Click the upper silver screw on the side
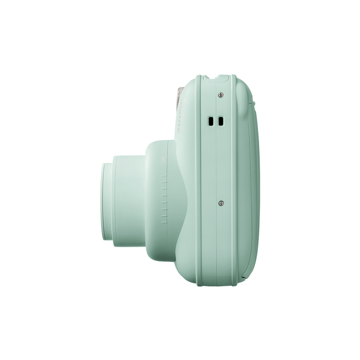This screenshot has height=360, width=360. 221,95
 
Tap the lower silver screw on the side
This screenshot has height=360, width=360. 221,203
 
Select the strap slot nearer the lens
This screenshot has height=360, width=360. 211,121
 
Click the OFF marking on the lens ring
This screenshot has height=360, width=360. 163,158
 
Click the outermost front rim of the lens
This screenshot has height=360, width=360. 105,201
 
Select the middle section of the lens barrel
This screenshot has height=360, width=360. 129,198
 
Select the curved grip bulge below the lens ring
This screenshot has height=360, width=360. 180,240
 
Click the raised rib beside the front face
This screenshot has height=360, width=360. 199,180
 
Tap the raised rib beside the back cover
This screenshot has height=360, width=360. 235,180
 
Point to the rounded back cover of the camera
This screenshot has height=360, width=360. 249,180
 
